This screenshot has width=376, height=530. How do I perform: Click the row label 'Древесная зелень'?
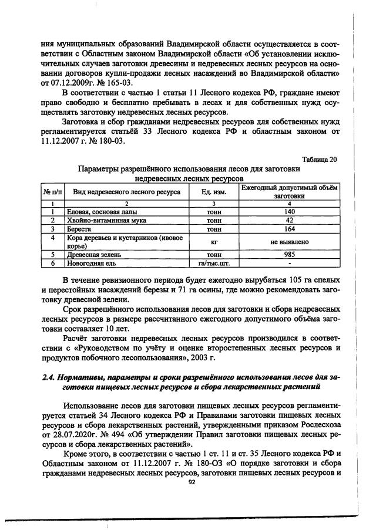point(95,255)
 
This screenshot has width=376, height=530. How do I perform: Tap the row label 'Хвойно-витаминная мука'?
point(106,221)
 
